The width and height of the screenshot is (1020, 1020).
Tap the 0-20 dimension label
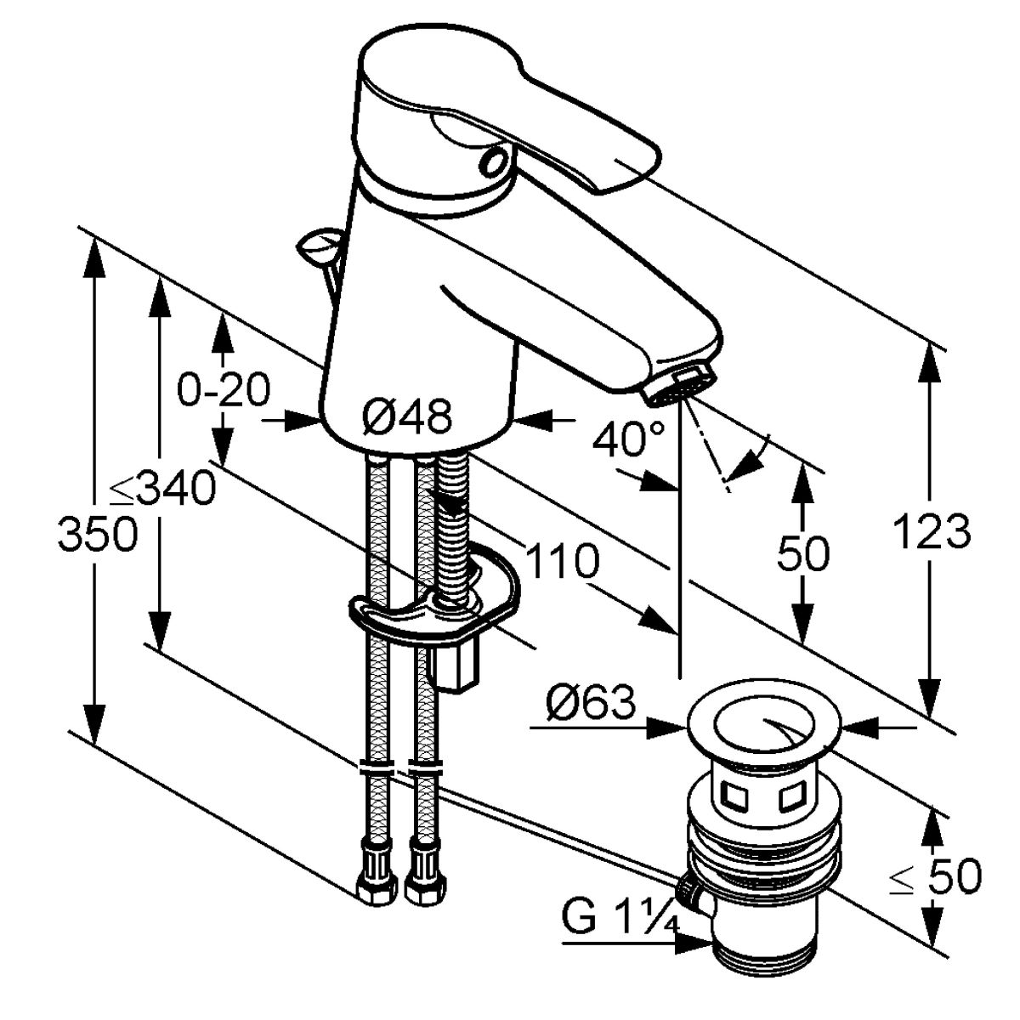224,389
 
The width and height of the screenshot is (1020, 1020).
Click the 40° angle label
628,439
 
